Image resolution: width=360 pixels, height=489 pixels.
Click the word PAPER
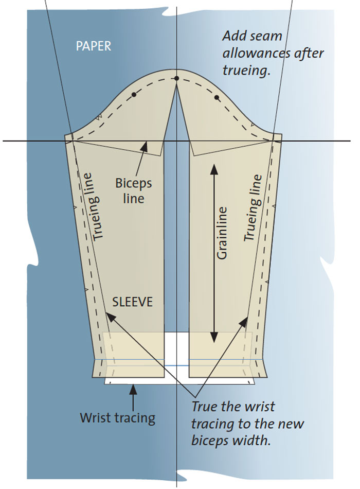pos(94,46)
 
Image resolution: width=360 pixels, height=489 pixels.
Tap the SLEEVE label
pos(133,302)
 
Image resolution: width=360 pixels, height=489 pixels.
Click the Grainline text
pos(222,233)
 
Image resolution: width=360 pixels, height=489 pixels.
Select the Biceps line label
pos(133,191)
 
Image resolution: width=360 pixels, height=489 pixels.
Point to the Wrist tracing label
pos(117,418)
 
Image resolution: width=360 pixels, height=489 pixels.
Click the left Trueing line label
pos(94,206)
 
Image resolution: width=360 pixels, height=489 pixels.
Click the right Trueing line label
pos(253,208)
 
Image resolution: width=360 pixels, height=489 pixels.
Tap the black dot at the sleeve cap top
pos(177,78)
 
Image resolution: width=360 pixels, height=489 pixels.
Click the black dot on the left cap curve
pos(134,94)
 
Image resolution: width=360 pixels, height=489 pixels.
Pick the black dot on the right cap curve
pos(217,98)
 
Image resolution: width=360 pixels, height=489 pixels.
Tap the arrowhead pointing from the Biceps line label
pos(145,146)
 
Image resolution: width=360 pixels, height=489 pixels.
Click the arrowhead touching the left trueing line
pos(110,317)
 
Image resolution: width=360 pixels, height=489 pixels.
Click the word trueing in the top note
pos(246,71)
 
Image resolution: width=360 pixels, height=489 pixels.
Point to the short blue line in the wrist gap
pos(176,365)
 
